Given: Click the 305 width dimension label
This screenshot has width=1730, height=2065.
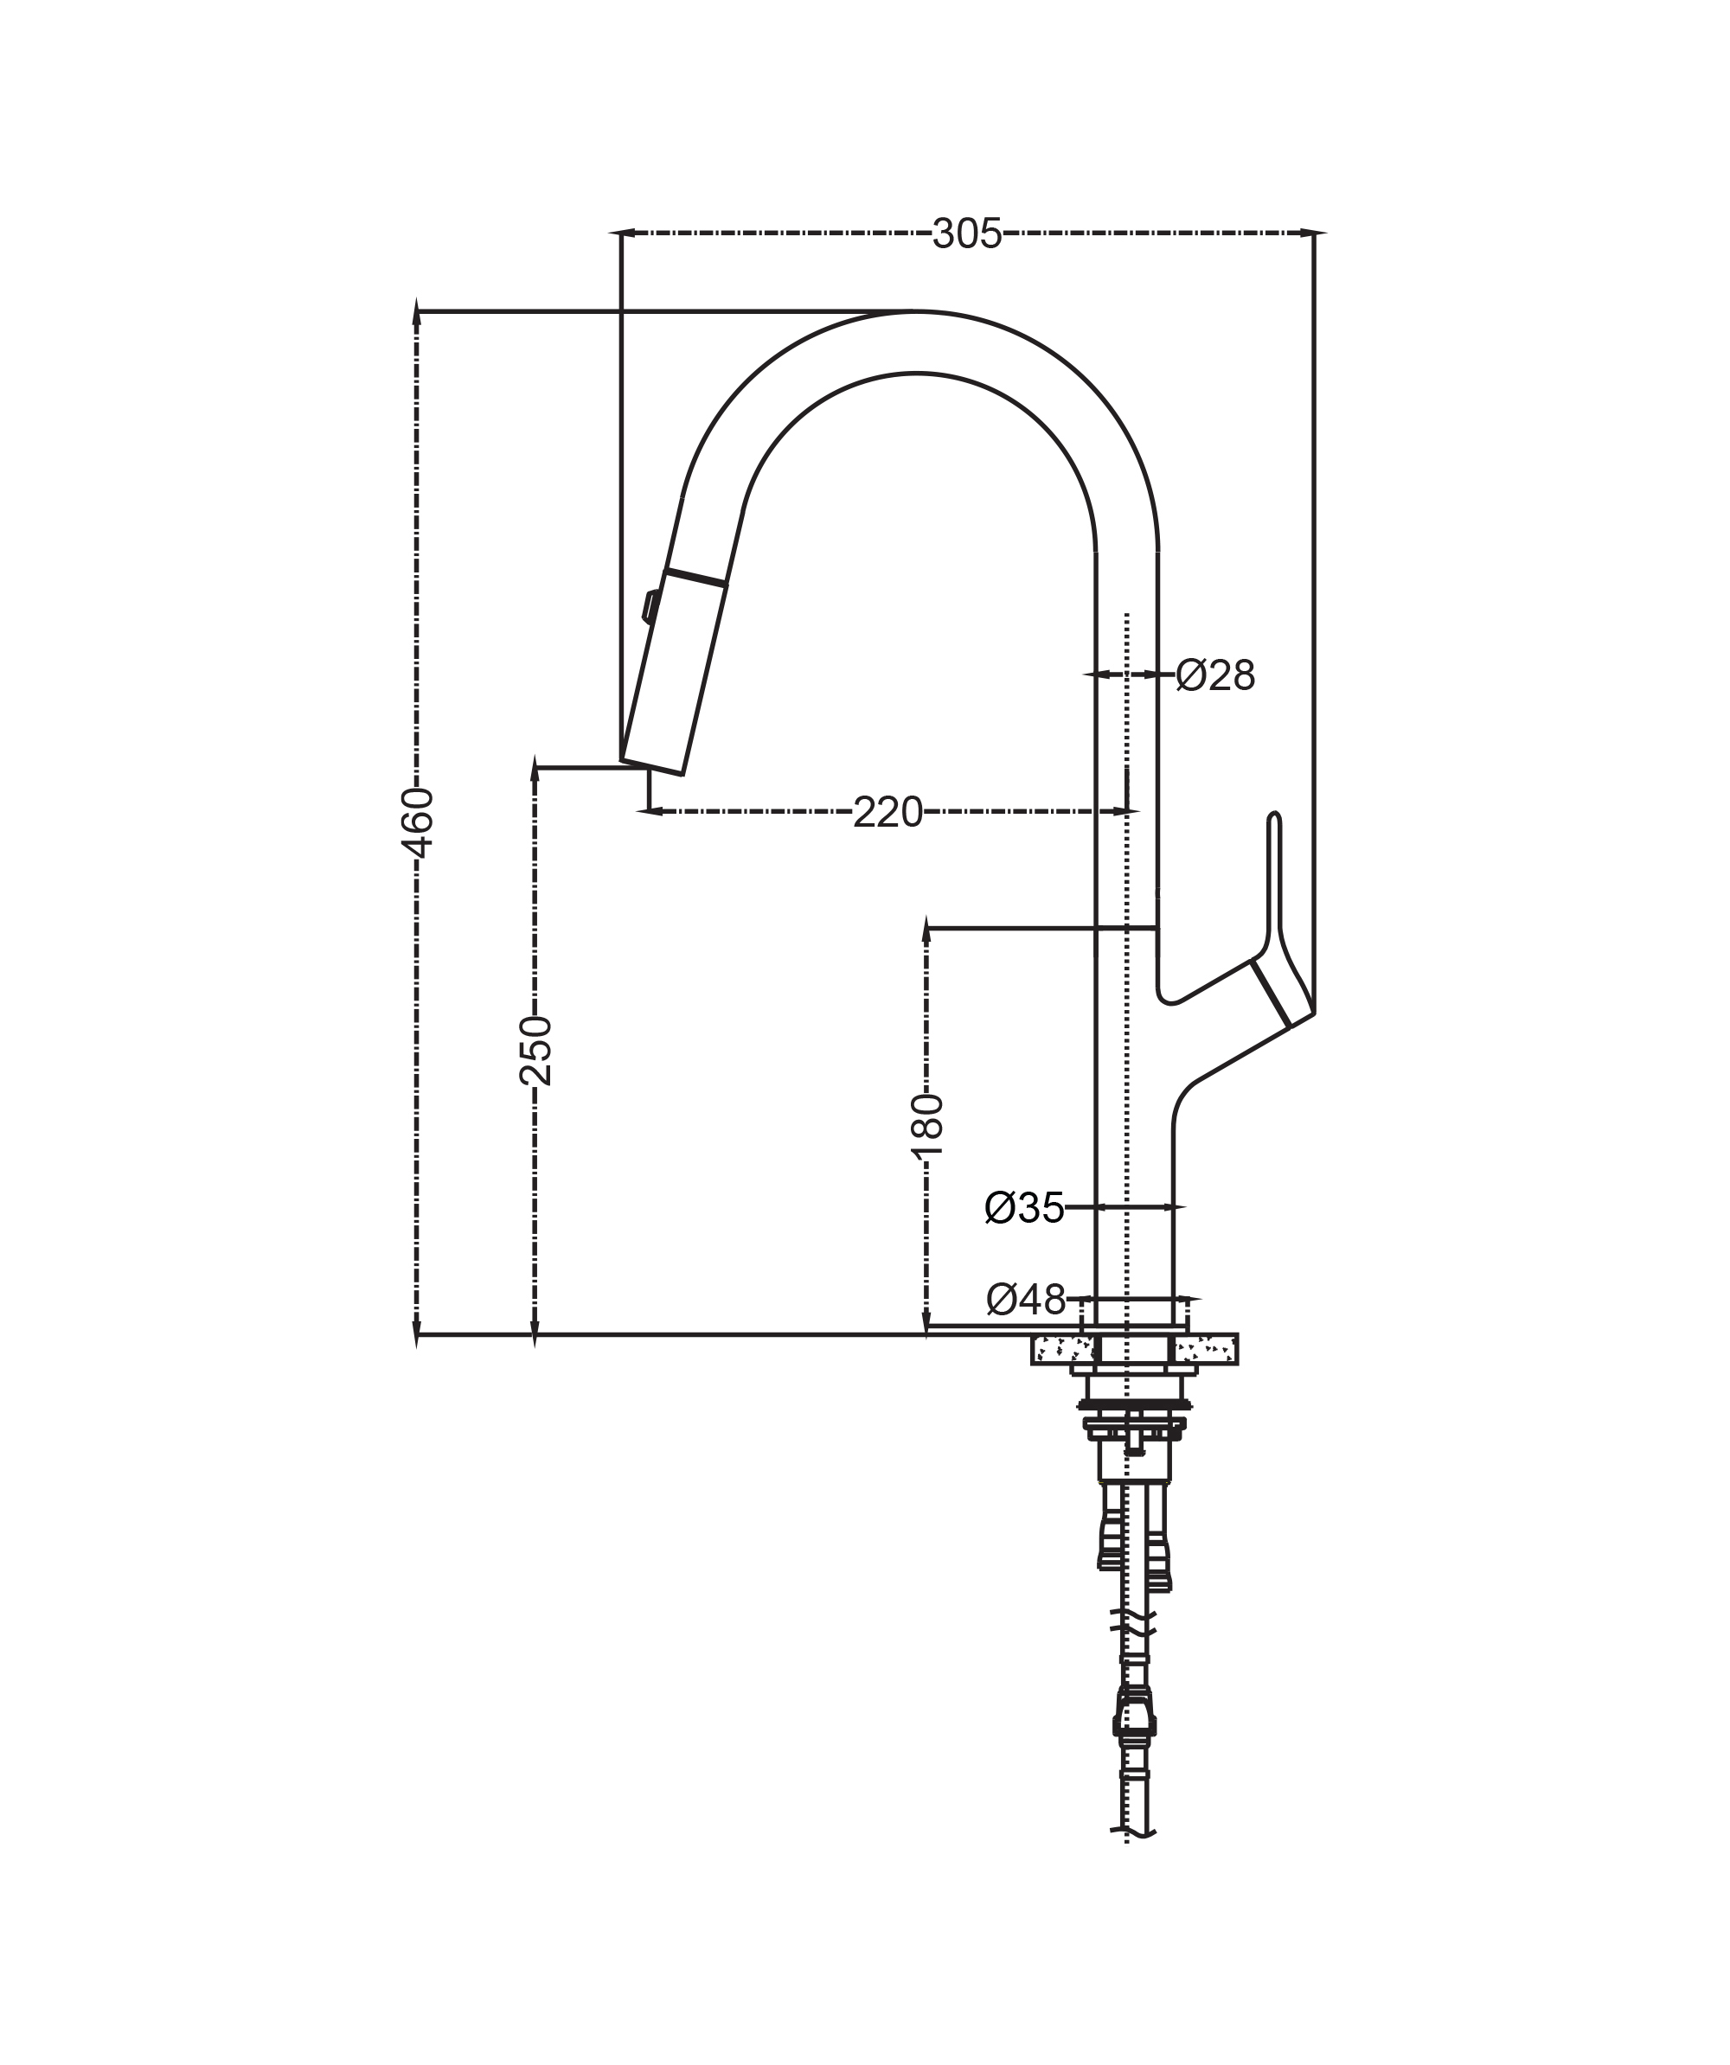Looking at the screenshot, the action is (x=967, y=234).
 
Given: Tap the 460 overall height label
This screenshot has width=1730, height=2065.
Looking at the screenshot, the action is (x=418, y=822).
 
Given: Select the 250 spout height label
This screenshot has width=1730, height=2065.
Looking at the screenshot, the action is (x=536, y=1050).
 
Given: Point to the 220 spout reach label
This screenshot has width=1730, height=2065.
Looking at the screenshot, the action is (x=887, y=812).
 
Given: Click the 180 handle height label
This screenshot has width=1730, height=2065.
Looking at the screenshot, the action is (x=926, y=1127).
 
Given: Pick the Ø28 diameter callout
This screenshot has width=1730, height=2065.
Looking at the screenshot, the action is (x=1215, y=675).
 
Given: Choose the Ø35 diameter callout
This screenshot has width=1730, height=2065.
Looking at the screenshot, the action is (x=1025, y=1207).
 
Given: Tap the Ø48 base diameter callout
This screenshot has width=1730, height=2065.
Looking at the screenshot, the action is (x=1026, y=1300).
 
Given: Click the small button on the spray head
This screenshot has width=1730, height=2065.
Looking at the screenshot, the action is (x=650, y=605).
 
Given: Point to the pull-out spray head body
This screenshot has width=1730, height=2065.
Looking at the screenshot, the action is (x=674, y=673).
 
